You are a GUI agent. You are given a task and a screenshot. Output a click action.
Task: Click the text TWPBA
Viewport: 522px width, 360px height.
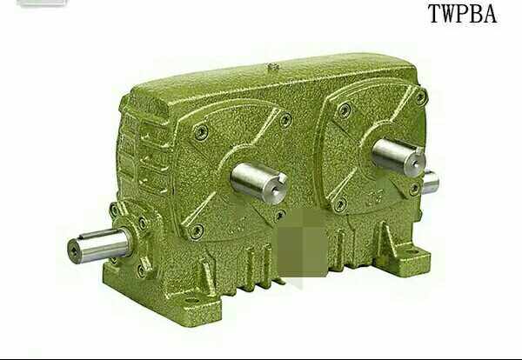[463, 14]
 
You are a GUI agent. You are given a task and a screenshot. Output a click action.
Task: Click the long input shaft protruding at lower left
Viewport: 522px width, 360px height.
[99, 245]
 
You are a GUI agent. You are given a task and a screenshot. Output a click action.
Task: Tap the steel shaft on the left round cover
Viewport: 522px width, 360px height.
[258, 182]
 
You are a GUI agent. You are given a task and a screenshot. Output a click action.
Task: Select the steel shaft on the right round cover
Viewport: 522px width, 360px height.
[398, 156]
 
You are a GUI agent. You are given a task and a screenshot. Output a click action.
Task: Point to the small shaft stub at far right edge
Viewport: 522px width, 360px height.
[431, 182]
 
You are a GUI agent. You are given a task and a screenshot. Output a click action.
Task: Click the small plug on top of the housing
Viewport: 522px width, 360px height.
[273, 66]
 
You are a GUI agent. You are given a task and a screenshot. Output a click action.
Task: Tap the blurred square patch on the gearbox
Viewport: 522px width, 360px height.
[302, 243]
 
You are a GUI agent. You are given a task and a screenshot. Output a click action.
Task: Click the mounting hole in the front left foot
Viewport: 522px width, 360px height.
[191, 302]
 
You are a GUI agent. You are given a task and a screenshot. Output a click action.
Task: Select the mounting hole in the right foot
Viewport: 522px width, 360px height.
[415, 253]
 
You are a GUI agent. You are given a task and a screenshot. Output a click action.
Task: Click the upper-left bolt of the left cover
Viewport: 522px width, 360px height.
[201, 132]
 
